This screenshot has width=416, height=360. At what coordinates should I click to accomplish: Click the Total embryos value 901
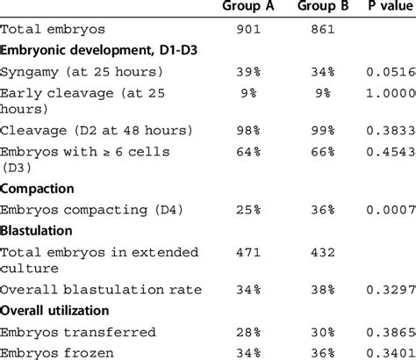pos(254,29)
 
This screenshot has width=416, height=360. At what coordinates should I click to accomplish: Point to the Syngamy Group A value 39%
pos(257,71)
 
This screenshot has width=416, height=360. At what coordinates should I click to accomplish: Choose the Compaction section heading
pos(38,188)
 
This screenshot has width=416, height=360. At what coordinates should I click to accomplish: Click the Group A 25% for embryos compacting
pos(257,209)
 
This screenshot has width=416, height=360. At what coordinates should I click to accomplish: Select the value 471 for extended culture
pos(254,253)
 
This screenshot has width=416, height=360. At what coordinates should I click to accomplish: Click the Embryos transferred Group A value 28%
pos(257,332)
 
